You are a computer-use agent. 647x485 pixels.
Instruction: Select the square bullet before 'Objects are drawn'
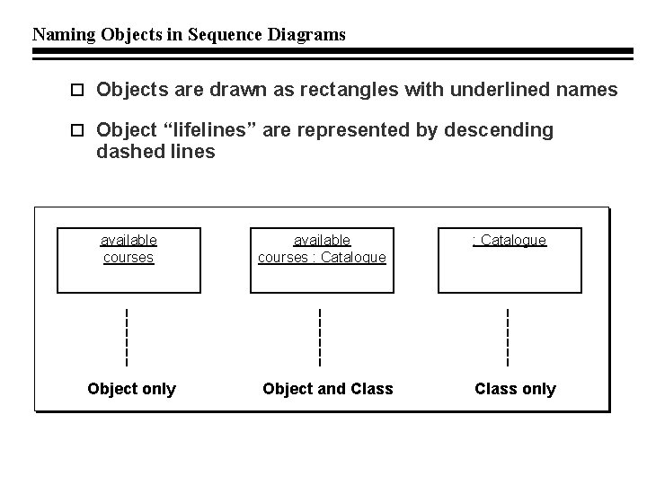pyautogui.click(x=76, y=91)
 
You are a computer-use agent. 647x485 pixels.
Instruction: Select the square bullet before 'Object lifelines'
pyautogui.click(x=76, y=131)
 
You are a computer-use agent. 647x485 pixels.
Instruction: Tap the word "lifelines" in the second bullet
pyautogui.click(x=212, y=130)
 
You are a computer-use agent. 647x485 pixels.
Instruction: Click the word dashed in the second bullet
pyautogui.click(x=125, y=152)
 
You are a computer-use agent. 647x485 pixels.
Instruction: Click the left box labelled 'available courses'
pyautogui.click(x=129, y=260)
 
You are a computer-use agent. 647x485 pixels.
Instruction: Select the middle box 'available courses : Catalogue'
pyautogui.click(x=322, y=260)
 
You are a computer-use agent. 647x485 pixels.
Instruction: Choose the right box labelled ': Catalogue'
pyautogui.click(x=510, y=260)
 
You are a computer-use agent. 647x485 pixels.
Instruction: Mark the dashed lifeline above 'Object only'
pyautogui.click(x=127, y=337)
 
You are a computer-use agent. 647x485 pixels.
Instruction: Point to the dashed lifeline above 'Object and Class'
pyautogui.click(x=320, y=337)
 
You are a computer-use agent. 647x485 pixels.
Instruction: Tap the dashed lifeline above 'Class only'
pyautogui.click(x=508, y=337)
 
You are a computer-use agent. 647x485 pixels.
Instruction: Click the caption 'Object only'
pyautogui.click(x=131, y=389)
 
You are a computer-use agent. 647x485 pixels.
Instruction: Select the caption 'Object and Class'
pyautogui.click(x=327, y=389)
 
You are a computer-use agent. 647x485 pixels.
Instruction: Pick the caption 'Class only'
pyautogui.click(x=515, y=389)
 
